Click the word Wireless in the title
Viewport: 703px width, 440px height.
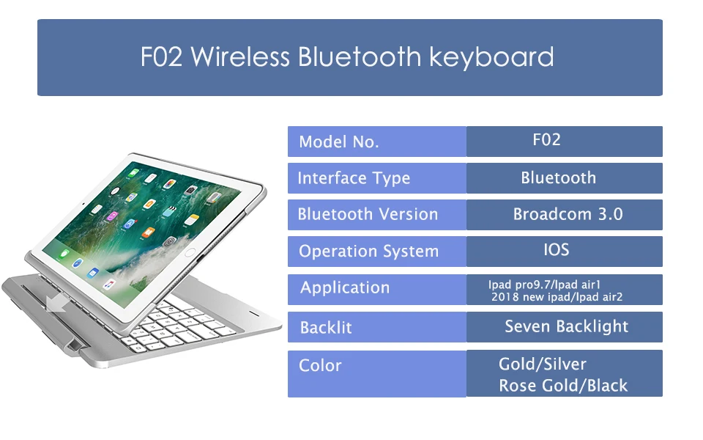[x=240, y=57]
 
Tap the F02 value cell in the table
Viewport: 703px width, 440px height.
[x=564, y=142]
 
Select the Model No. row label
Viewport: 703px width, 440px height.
[x=339, y=142]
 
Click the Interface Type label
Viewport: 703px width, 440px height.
[x=354, y=178]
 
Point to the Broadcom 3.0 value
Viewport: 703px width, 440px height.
[x=568, y=214]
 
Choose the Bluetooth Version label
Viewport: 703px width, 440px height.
[x=368, y=214]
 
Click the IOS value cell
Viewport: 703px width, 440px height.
[x=564, y=252]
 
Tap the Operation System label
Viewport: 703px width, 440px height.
[x=368, y=252]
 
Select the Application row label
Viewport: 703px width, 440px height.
[x=345, y=287]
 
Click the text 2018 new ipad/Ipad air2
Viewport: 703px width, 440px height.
[x=557, y=297]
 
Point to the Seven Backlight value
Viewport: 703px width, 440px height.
[x=567, y=326]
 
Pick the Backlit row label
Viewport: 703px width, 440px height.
[x=326, y=328]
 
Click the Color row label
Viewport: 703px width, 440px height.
[x=320, y=365]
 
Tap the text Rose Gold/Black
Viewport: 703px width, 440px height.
[x=563, y=386]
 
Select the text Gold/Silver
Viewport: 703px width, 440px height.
[x=543, y=364]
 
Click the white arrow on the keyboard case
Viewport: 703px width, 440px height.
[x=58, y=304]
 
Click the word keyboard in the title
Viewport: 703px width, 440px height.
[x=491, y=57]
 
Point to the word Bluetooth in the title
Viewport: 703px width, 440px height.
[x=360, y=57]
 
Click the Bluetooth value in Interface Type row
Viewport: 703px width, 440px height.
[x=559, y=177]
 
